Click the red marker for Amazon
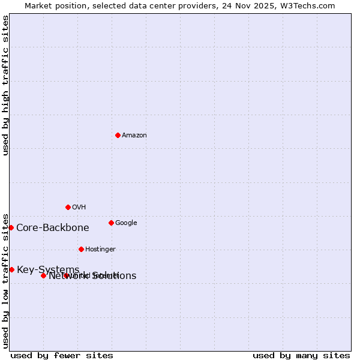[x=118, y=135]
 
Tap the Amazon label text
[x=134, y=136]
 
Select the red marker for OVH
[x=68, y=207]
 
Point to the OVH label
[x=79, y=208]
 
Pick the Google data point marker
[x=111, y=223]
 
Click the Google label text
[x=126, y=223]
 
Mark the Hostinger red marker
[x=81, y=249]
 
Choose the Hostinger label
[x=100, y=250]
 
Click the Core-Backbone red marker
[x=11, y=227]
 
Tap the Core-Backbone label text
[x=53, y=228]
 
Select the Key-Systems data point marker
[x=11, y=269]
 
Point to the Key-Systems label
[x=48, y=270]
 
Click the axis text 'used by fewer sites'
[x=62, y=355]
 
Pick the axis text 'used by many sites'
[x=301, y=355]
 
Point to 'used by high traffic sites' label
[x=6, y=85]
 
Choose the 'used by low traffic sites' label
[x=6, y=280]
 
